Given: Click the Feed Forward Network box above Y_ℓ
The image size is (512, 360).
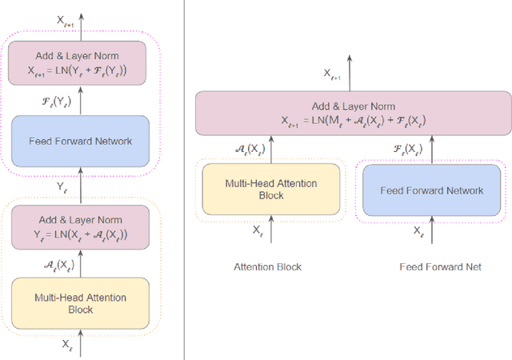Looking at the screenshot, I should coord(79,142).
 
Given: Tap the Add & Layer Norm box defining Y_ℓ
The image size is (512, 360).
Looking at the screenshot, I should coord(79,226).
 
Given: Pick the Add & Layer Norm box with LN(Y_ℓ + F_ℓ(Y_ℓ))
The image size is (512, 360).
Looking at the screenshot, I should coord(79,62).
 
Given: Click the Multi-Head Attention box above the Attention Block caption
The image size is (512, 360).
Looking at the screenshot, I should coord(270,190).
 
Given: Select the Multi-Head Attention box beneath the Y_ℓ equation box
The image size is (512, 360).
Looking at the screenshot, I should coord(79,304).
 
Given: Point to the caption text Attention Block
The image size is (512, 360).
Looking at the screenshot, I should coord(267,266).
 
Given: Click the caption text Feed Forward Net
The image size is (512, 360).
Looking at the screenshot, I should coord(441,266).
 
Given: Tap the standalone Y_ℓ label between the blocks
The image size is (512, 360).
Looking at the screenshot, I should coord(62,186).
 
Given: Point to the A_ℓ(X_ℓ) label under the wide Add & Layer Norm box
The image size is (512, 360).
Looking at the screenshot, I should coord(252,149).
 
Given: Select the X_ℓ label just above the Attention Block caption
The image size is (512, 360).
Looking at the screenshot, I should coord(258,230).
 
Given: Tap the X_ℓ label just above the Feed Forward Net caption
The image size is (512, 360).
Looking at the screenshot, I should coord(418,230).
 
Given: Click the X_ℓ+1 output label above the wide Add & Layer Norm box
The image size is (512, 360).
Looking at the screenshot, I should coord(331,74).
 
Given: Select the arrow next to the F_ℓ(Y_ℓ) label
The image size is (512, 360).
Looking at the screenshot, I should coord(79,101).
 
